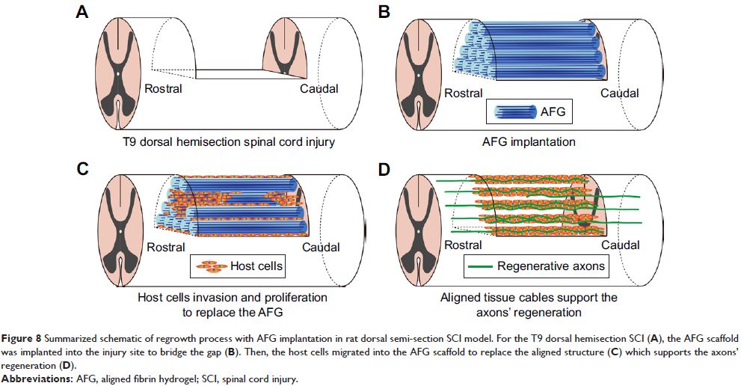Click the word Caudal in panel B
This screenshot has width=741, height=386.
[x=619, y=93]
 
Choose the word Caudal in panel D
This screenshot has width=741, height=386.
[x=620, y=245]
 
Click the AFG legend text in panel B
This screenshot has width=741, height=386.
[x=554, y=111]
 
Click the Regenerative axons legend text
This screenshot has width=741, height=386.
[x=551, y=266]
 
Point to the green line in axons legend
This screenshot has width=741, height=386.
[x=479, y=266]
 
